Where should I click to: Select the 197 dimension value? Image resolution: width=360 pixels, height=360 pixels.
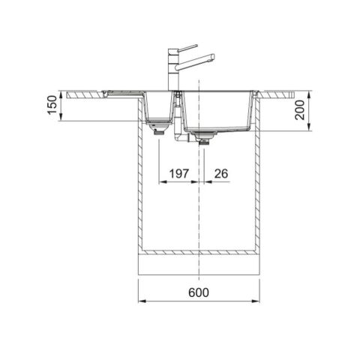pyautogui.click(x=178, y=173)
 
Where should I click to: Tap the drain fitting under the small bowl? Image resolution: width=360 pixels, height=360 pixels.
pyautogui.click(x=159, y=128)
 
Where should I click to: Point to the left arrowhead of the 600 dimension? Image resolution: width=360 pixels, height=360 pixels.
pyautogui.click(x=140, y=301)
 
